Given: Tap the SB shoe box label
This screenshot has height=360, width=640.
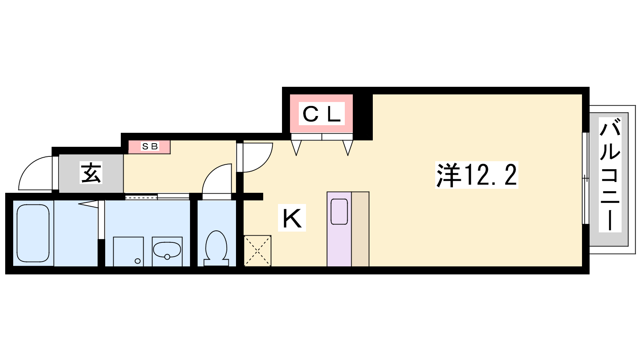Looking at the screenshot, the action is (x=150, y=146).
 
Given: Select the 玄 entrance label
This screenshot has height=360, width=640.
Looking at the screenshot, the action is (x=91, y=173).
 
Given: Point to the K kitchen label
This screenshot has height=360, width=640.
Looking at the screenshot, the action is (x=292, y=218).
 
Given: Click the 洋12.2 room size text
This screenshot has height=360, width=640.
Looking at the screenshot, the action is (x=476, y=175).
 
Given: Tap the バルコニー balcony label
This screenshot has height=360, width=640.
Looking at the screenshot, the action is (x=610, y=174).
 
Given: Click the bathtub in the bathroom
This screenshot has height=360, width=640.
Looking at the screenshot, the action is (x=33, y=233).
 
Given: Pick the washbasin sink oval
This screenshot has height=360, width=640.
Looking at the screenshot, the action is (x=167, y=250).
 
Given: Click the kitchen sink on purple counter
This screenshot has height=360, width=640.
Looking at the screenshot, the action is (x=339, y=212).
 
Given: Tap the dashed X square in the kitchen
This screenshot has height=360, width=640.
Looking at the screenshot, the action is (x=258, y=251).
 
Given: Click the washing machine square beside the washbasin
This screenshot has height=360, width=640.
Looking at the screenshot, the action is (x=128, y=252).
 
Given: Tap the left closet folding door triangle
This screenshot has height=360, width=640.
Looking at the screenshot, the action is (x=296, y=148).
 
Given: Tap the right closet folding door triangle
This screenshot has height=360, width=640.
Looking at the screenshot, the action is (x=348, y=148).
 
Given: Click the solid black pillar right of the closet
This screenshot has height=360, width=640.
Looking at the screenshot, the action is (x=363, y=117).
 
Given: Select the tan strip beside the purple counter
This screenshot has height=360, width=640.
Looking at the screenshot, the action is (x=360, y=229).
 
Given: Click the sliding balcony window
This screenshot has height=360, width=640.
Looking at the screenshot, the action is (x=586, y=178).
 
